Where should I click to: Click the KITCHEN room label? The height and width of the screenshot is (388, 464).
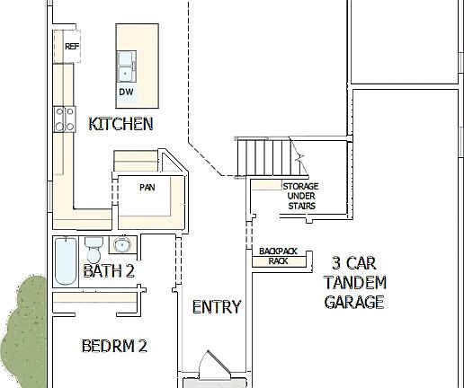pyautogui.click(x=120, y=124)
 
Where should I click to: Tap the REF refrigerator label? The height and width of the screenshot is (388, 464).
pyautogui.click(x=72, y=46)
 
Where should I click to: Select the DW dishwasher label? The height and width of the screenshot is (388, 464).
pyautogui.click(x=126, y=92)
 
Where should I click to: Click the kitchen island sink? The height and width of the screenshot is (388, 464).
pyautogui.click(x=126, y=67)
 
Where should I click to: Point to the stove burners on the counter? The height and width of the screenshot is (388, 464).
pyautogui.click(x=65, y=119)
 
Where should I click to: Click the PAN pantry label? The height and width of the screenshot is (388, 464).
pyautogui.click(x=147, y=189)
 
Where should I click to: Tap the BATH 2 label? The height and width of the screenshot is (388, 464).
pyautogui.click(x=109, y=270)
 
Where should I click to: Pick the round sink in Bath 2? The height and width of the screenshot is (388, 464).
pyautogui.click(x=122, y=244)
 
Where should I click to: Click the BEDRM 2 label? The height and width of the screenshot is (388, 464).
pyautogui.click(x=113, y=345)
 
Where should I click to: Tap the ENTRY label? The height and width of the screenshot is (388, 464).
pyautogui.click(x=217, y=307)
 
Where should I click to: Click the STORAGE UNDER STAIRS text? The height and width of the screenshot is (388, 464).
pyautogui.click(x=300, y=196)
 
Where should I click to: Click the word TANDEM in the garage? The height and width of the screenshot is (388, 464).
pyautogui.click(x=354, y=282)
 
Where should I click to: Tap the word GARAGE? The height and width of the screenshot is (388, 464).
pyautogui.click(x=354, y=302)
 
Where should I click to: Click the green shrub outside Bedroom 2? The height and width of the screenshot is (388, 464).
pyautogui.click(x=22, y=328)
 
